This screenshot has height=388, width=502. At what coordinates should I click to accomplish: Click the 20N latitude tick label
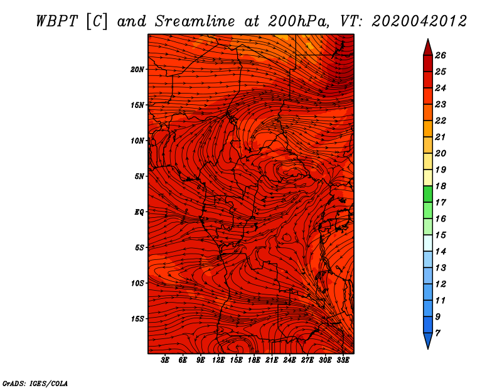point(137,70)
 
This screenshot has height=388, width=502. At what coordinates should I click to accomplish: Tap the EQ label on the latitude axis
point(139,212)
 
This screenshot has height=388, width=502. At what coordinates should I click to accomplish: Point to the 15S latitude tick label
point(137,319)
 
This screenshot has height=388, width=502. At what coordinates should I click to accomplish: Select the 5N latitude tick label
point(139,176)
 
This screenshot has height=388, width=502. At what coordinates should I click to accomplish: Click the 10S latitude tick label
point(137,283)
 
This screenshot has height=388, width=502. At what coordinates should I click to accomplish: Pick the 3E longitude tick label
point(165,360)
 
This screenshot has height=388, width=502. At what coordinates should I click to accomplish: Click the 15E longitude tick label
point(237,360)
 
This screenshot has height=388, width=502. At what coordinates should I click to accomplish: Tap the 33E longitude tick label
point(343,360)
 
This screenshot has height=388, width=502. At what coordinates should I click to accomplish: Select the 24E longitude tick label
point(289,360)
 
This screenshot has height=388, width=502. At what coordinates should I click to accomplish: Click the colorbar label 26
point(441,55)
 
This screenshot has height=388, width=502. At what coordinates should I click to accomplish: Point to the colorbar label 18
point(441,186)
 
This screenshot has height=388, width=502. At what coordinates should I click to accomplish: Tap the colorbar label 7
point(437,333)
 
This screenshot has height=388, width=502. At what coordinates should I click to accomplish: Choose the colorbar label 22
point(441,121)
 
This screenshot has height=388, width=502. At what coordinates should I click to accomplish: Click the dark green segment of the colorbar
point(428,194)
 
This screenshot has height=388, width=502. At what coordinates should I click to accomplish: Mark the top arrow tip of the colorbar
point(428,39)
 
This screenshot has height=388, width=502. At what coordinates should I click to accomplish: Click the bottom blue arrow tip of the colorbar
point(428,349)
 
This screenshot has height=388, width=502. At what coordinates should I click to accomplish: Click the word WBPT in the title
point(57,21)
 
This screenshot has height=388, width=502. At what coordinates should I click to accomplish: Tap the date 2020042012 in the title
point(419,21)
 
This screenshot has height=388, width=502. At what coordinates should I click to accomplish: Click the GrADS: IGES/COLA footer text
point(35,384)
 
